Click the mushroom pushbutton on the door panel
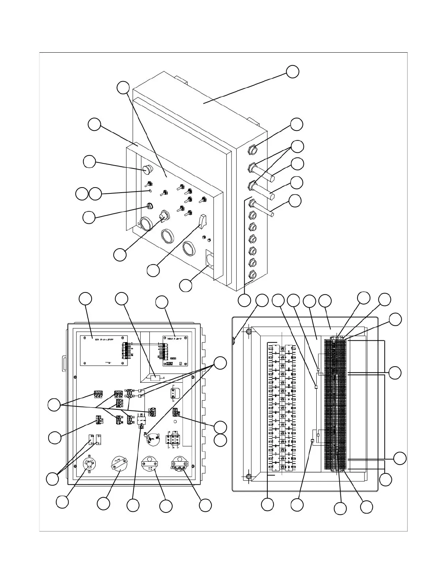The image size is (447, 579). pyautogui.click(x=148, y=169)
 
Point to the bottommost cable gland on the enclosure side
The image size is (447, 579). pyautogui.click(x=252, y=274)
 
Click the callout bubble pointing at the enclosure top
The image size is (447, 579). pyautogui.click(x=292, y=72)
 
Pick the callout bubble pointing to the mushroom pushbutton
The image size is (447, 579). pyautogui.click(x=89, y=162)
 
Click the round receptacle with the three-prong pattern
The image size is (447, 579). pyautogui.click(x=89, y=464)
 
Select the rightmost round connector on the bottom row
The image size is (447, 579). pyautogui.click(x=179, y=465)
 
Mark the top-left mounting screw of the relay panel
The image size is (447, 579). pyautogui.click(x=248, y=332)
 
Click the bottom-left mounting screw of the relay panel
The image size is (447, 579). pyautogui.click(x=248, y=477)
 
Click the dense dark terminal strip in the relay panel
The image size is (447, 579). pyautogui.click(x=334, y=404)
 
